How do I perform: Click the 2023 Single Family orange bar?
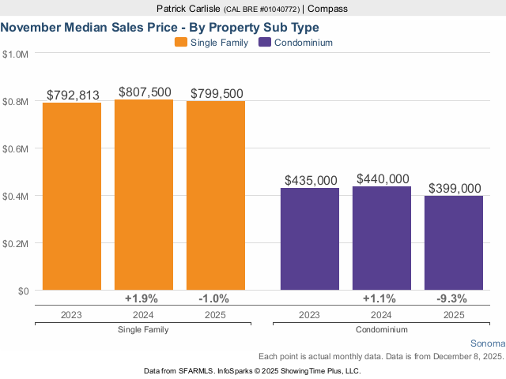pos(72,197)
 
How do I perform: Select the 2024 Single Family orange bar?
pos(144,195)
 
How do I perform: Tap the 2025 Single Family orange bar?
pos(216,196)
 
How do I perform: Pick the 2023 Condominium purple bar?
pos(310,239)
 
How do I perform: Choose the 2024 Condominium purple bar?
pos(382,238)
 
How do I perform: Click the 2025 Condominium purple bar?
pos(454,243)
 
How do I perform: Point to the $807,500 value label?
pos(145,92)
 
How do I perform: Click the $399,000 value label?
pos(455,188)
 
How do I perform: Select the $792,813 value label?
pos(73,96)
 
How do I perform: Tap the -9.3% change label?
pos(452,298)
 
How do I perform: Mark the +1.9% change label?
pos(142,298)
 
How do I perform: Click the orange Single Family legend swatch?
pos(180,43)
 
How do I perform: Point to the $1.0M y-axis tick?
pos(16,54)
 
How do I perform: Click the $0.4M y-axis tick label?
pos(16,196)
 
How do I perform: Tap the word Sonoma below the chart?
pos(487,343)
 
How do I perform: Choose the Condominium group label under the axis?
pos(382,329)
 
